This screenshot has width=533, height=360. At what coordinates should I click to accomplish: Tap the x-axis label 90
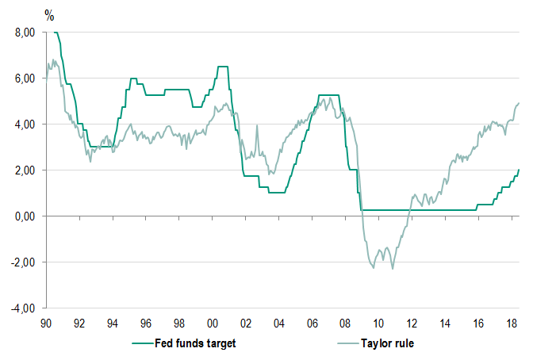pyautogui.click(x=46, y=324)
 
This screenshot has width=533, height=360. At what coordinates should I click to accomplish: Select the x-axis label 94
pyautogui.click(x=113, y=324)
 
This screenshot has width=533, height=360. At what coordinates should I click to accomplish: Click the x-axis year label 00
pyautogui.click(x=213, y=324)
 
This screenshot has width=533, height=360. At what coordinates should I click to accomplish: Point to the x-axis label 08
pyautogui.click(x=345, y=324)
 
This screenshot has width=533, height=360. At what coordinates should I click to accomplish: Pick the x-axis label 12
pyautogui.click(x=412, y=324)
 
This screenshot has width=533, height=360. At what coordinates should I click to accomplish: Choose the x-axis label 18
pyautogui.click(x=512, y=324)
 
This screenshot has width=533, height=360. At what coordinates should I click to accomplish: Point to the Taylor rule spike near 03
pyautogui.click(x=257, y=125)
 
